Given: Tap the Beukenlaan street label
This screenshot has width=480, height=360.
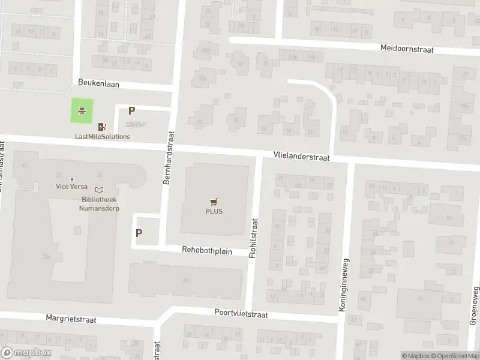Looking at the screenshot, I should tap(99, 85).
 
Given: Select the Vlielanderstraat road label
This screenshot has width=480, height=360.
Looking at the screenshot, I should tap(301, 155).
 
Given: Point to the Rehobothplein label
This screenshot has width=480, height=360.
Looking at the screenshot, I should tap(207, 250).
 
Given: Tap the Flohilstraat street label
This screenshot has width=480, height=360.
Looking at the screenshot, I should tap(254, 237).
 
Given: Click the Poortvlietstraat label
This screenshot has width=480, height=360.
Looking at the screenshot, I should tap(241, 313).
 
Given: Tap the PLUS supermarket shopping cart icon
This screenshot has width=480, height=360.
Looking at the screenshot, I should tap(214, 202).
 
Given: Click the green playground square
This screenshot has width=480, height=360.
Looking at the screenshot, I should tap(82, 110).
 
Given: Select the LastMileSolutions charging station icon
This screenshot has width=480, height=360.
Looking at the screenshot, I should tap(102, 127).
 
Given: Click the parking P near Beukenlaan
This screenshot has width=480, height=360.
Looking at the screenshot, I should tap(131, 110).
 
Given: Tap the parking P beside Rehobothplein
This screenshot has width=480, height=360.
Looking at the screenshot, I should tap(139, 233).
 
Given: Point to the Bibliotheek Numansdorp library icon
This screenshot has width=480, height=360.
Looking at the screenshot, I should tap(99, 190).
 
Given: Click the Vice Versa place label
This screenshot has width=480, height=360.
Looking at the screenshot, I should tap(72, 187).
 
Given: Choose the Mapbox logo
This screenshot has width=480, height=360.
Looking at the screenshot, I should tap(26, 353).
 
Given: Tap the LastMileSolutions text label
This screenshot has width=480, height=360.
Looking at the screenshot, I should tap(102, 137).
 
